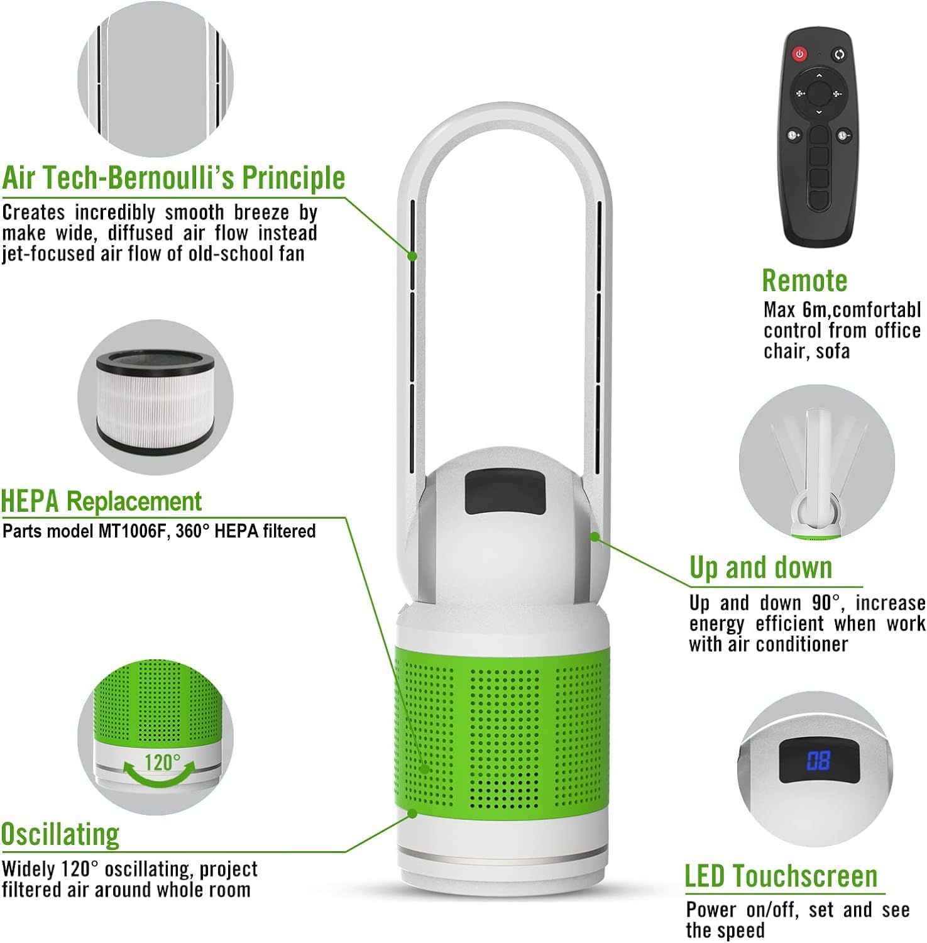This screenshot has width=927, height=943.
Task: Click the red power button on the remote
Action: pos(799,54)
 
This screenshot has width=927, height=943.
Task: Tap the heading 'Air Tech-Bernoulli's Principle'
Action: pos(174,178)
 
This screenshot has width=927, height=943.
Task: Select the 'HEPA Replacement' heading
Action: pos(101,502)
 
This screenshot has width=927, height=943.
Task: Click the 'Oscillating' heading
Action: pos(60,835)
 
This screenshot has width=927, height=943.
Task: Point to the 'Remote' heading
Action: pos(804,280)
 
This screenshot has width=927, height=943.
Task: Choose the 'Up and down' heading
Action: pos(760,568)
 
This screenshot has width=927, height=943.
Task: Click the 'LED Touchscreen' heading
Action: pos(781,876)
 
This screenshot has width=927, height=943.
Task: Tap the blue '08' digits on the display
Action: pos(818,761)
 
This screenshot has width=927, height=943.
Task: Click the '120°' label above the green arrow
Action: pos(162,763)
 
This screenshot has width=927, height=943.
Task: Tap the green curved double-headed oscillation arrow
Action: pos(159,775)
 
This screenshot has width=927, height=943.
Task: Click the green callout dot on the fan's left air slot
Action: pos(412,256)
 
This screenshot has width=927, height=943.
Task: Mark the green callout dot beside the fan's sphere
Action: pos(594,537)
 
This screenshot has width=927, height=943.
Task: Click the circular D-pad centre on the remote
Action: pos(818,94)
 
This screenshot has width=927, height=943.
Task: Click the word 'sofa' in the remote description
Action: pos(833,351)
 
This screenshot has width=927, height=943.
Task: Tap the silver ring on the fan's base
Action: pos(502,856)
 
